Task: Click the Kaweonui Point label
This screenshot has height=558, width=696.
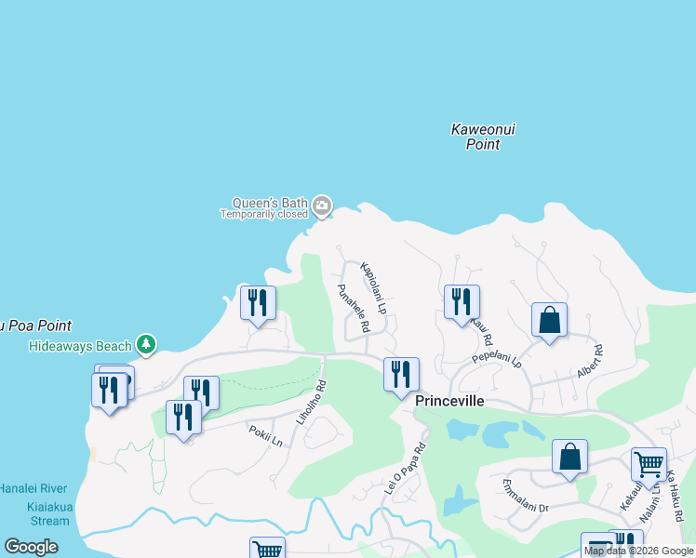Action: (482, 137)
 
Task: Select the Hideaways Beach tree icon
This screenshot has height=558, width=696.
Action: (145, 345)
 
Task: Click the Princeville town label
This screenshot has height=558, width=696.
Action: (449, 400)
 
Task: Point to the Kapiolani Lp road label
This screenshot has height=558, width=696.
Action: (373, 286)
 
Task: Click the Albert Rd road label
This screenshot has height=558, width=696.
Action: (589, 361)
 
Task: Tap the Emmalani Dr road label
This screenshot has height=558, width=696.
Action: (526, 497)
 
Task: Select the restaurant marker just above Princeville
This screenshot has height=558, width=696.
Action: (401, 374)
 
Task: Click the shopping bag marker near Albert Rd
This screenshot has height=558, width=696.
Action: (549, 320)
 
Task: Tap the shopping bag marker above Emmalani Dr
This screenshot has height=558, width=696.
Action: (569, 457)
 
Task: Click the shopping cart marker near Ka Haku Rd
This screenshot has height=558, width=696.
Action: (648, 463)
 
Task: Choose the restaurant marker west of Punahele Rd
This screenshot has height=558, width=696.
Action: (258, 302)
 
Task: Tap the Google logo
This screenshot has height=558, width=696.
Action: (31, 546)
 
